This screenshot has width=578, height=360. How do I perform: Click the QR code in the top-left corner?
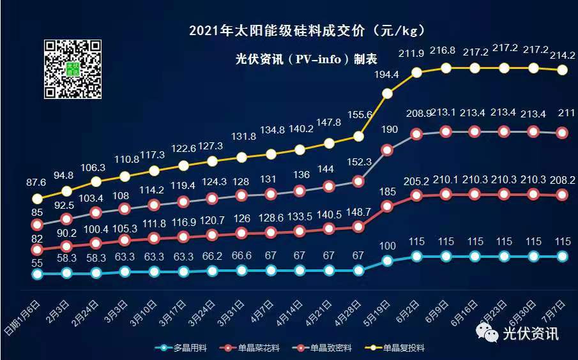click(73, 68)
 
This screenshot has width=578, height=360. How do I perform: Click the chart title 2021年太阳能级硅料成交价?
click(306, 30)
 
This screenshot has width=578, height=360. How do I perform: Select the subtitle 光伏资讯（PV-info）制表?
click(306, 59)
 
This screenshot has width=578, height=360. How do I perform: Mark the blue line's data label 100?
click(388, 246)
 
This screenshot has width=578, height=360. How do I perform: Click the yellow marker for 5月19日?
click(388, 94)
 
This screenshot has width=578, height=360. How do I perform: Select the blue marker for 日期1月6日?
click(37, 274)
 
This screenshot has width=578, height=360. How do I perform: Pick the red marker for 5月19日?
click(388, 206)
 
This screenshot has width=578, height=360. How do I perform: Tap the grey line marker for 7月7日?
click(563, 133)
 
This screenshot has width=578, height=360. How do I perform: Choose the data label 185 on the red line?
click(388, 190)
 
